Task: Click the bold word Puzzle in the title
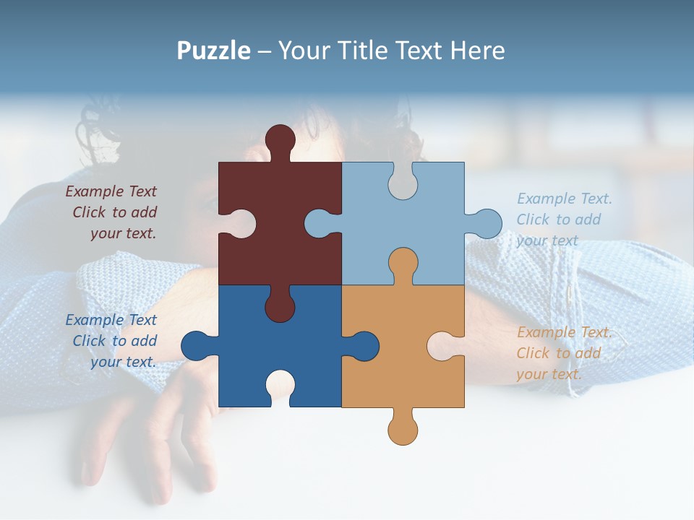coord(213,51)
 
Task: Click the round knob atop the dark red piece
coord(280,139)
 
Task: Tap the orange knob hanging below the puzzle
coord(403,429)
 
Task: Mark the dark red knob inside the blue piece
coord(280,306)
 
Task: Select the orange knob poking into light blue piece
coord(403,263)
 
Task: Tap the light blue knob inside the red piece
coord(320,223)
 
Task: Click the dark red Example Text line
coord(111,191)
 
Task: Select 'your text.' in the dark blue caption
coord(123,362)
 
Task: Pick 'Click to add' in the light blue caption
coord(558,220)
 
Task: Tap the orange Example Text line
coord(564,332)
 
